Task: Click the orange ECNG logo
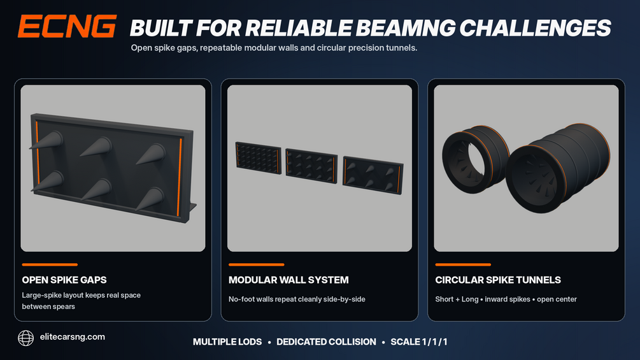[68, 27]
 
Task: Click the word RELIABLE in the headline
[299, 28]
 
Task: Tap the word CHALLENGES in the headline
[535, 28]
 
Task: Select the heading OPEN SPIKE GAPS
[64, 280]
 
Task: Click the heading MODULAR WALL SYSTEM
[288, 280]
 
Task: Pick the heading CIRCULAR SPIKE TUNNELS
[498, 280]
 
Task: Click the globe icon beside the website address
[25, 338]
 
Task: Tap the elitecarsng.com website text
[72, 336]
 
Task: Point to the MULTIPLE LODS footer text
[227, 342]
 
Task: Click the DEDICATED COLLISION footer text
[326, 342]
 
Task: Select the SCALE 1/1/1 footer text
[419, 342]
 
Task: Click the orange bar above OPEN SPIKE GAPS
[50, 264]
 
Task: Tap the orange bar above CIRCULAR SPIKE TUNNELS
[463, 264]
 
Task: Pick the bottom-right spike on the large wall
[150, 199]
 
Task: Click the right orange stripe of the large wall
[180, 177]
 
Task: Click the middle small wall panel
[311, 166]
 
